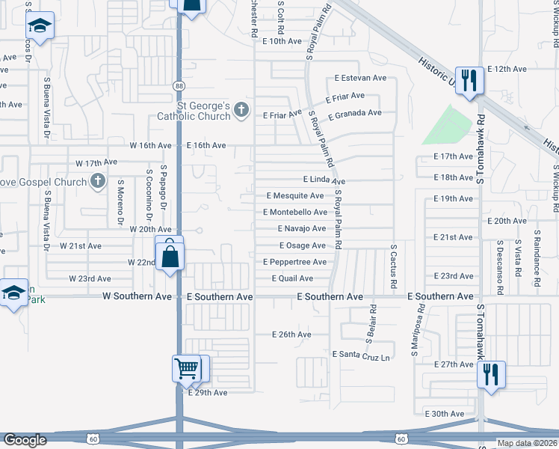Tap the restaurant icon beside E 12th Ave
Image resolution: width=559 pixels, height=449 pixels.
click(x=469, y=79)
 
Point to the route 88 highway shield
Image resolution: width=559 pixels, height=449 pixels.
click(x=178, y=86)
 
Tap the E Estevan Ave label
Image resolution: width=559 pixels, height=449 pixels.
click(x=360, y=77)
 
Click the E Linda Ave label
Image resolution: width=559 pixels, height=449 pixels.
click(x=324, y=180)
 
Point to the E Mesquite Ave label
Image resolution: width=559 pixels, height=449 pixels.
click(x=295, y=196)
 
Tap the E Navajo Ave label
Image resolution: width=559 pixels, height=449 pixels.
click(x=302, y=229)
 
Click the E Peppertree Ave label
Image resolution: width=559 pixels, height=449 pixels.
click(x=294, y=262)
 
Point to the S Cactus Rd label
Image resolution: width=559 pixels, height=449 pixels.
click(x=392, y=267)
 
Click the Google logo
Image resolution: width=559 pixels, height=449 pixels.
click(x=25, y=440)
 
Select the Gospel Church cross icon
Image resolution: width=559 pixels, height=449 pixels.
click(x=97, y=180)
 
